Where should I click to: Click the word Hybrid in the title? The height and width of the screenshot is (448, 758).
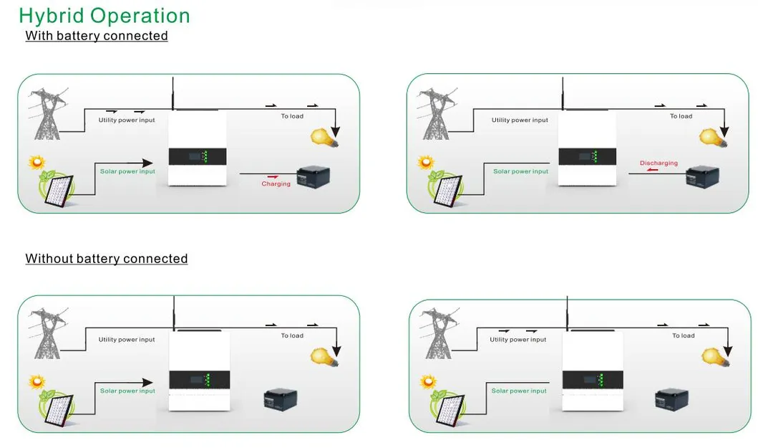47,16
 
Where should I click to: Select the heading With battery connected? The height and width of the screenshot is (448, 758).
97,36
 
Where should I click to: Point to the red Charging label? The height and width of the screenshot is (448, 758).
276,184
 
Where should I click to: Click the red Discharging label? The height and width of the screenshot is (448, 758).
659,163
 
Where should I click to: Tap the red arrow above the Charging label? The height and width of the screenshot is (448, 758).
272,176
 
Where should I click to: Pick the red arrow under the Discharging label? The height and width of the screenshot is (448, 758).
651,171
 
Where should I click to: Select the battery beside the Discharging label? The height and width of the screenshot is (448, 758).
701,177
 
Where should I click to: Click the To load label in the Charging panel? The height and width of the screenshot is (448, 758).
291,116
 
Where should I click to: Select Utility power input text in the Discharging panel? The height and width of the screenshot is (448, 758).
520,120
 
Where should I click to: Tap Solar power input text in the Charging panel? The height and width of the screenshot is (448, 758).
127,172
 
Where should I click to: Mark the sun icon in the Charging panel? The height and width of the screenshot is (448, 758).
37,163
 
